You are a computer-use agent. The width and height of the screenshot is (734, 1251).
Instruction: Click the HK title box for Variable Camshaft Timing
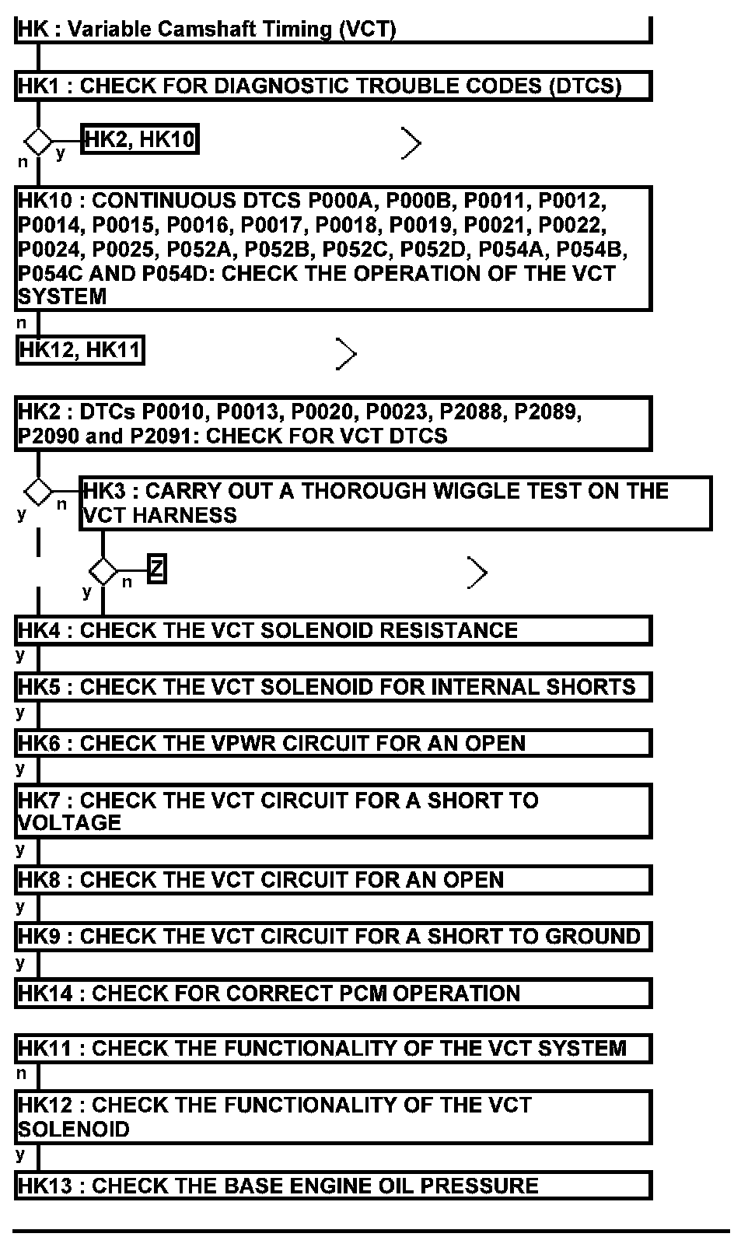333,30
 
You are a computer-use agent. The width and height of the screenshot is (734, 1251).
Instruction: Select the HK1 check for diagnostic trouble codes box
333,86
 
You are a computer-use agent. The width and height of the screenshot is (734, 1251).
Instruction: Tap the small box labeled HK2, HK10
140,139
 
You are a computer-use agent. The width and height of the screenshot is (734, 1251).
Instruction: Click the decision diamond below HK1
38,142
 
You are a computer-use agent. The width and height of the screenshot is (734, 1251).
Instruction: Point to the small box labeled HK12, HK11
80,350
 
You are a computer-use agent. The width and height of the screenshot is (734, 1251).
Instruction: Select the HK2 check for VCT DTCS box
333,423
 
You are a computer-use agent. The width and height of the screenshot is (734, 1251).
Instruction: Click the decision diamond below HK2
38,492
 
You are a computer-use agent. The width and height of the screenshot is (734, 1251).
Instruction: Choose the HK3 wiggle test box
395,503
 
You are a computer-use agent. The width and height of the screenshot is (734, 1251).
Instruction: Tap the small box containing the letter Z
156,570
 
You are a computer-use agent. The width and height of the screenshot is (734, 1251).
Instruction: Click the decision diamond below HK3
103,572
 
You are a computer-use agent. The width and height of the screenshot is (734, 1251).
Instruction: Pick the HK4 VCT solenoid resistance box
333,630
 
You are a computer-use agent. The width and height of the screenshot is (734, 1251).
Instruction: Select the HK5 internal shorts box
333,687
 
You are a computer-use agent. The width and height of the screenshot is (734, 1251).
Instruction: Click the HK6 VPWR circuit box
333,744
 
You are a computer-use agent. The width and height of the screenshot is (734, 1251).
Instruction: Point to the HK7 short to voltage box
333,811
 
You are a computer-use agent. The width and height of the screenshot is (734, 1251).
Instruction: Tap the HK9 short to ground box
333,937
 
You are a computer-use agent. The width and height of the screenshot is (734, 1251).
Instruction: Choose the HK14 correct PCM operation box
333,993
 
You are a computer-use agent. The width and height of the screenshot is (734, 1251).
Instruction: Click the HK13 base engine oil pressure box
333,1186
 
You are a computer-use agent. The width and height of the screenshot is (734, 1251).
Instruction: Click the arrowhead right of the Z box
477,573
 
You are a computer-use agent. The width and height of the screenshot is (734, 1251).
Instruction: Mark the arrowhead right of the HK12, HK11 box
347,354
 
